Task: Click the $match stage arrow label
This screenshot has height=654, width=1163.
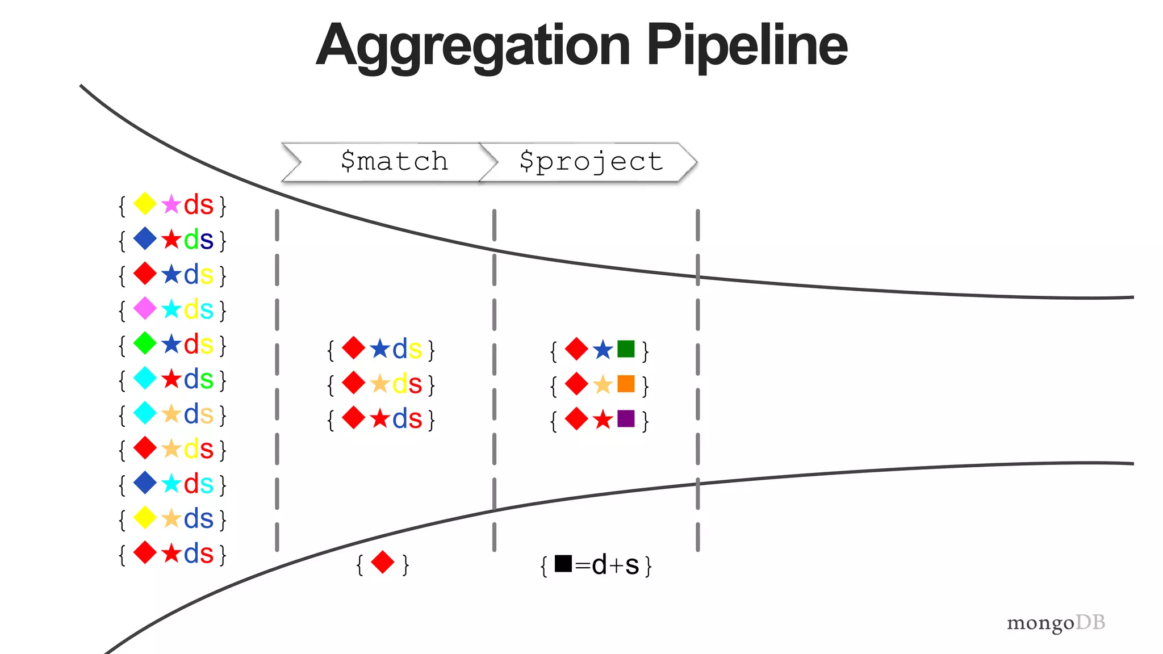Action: pyautogui.click(x=394, y=162)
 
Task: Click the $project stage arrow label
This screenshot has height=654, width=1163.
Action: pyautogui.click(x=591, y=162)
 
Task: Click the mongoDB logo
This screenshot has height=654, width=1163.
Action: pyautogui.click(x=1056, y=623)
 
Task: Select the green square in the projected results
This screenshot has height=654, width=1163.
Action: pyautogui.click(x=626, y=349)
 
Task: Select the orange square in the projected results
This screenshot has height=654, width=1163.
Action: pyautogui.click(x=626, y=384)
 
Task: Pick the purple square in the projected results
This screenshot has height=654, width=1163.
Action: pyautogui.click(x=626, y=419)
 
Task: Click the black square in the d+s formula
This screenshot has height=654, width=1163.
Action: pyautogui.click(x=563, y=563)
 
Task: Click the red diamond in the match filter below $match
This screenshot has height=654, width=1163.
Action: pyautogui.click(x=382, y=563)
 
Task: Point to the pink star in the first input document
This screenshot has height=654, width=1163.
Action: pyautogui.click(x=171, y=204)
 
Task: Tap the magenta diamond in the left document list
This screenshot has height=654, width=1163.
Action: pyautogui.click(x=145, y=309)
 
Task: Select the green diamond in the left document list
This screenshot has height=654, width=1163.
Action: pyautogui.click(x=145, y=343)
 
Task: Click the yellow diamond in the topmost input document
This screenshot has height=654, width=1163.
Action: pyautogui.click(x=145, y=204)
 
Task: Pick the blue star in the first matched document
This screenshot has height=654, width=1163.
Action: pyautogui.click(x=380, y=349)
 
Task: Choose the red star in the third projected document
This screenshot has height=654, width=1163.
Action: pyautogui.click(x=603, y=420)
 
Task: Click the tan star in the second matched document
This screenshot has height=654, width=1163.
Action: pyautogui.click(x=380, y=384)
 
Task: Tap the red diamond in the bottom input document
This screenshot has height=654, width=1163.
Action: pyautogui.click(x=145, y=552)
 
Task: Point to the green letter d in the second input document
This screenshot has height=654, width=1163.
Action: pyautogui.click(x=191, y=240)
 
